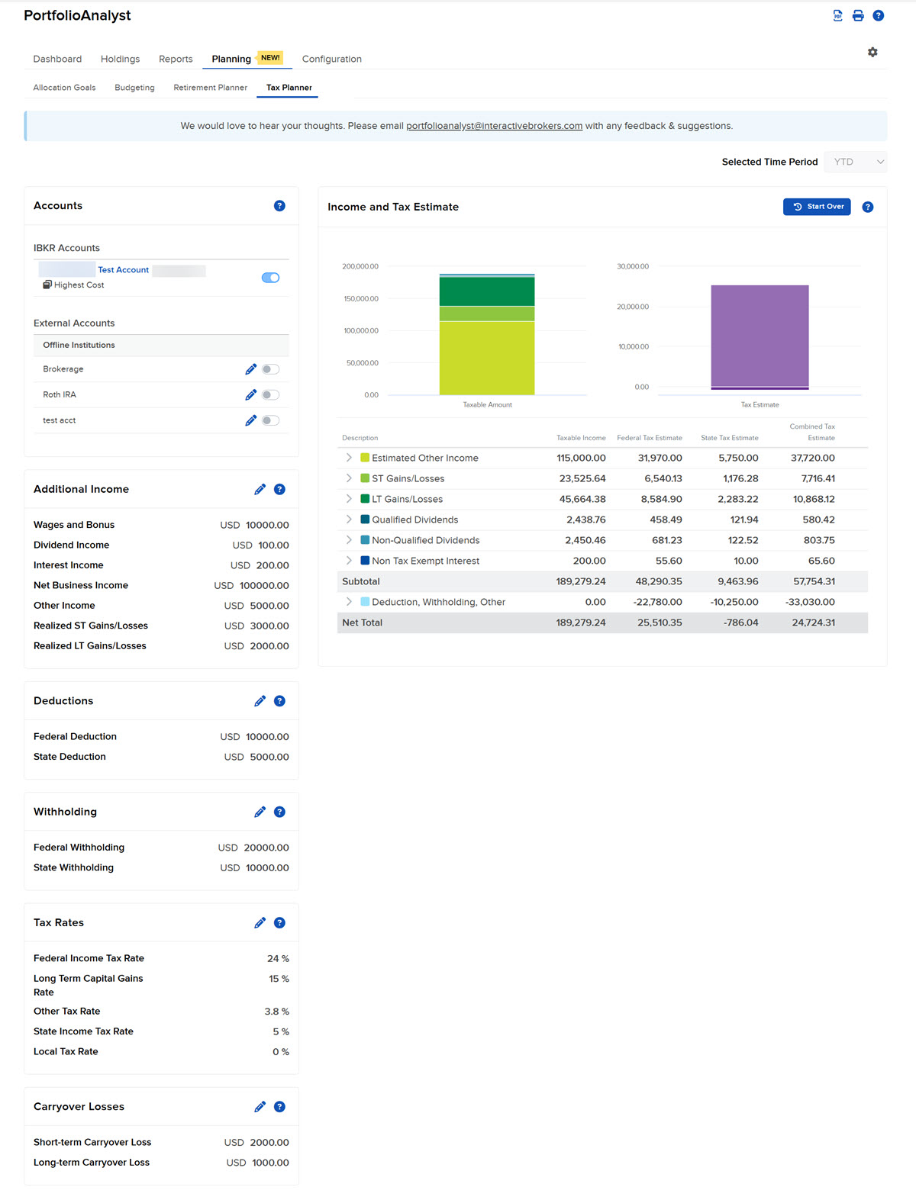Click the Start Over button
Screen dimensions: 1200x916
coord(817,207)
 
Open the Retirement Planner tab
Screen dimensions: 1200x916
coord(210,88)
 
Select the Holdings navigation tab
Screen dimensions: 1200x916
coord(120,59)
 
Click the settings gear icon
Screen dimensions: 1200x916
coord(872,52)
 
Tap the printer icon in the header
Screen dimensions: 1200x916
coord(858,15)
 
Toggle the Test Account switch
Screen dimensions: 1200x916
coord(270,278)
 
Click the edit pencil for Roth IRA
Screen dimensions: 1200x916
coord(250,394)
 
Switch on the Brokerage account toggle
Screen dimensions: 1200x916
coord(270,369)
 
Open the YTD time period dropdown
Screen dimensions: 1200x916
coord(856,162)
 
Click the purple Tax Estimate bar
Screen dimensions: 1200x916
coord(760,336)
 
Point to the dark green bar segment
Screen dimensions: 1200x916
coord(487,291)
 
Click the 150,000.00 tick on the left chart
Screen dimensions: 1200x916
coord(361,299)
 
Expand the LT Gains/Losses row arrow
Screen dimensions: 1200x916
coord(349,499)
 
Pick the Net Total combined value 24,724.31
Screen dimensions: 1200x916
coord(813,623)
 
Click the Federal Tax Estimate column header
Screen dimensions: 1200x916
coord(649,438)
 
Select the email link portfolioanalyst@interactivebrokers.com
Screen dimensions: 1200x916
coord(494,126)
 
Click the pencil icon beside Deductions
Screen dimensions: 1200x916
coord(260,701)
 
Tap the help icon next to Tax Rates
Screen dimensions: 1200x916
coord(279,923)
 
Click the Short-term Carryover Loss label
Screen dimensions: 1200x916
coord(92,1142)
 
